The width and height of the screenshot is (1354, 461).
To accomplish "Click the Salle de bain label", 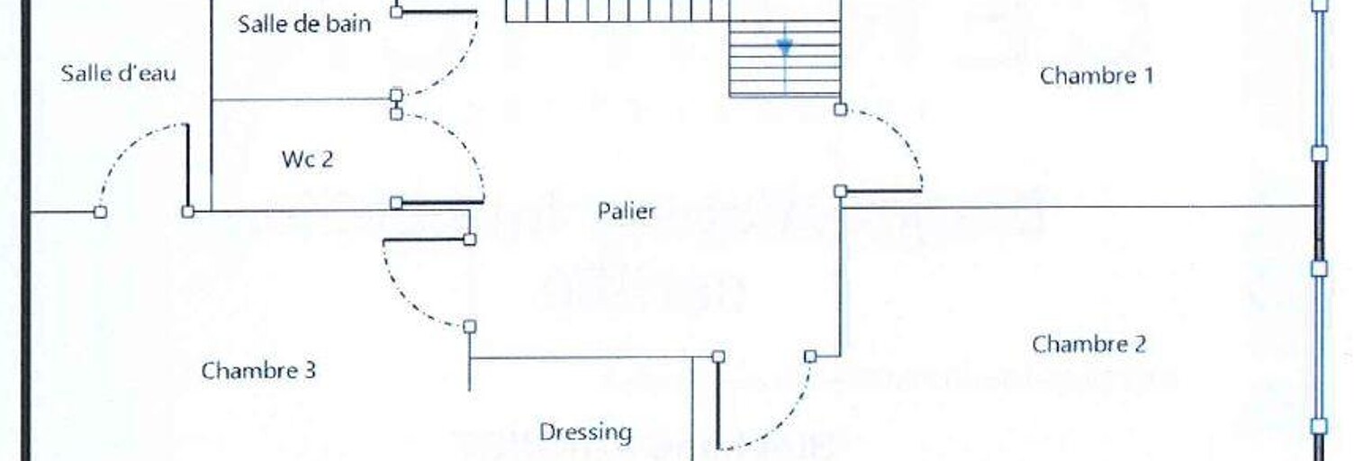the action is pos(304,24).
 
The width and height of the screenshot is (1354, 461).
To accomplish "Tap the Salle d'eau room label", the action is pos(119,74).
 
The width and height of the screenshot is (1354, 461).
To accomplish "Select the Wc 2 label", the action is pos(307,159).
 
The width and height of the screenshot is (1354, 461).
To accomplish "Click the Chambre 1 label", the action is pos(1097,77).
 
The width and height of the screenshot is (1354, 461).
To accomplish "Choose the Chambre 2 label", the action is pos(1088,344).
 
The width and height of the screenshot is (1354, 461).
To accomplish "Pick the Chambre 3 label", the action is pos(258,370).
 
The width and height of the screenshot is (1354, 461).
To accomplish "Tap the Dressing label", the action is pos(585,432).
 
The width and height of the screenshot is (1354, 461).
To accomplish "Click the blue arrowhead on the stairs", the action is pos(785,46).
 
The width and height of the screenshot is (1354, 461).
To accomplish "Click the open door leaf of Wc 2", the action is pos(442,203).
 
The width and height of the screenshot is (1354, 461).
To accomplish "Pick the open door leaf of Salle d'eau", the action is pos(187,167).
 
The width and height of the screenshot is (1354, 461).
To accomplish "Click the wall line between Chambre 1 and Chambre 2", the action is pos(1079,207).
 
